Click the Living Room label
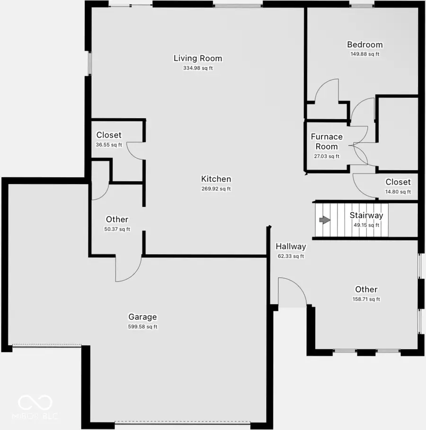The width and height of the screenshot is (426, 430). tap(197, 59)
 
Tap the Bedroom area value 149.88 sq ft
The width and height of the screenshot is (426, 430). tap(364, 54)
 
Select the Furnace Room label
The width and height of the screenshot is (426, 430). tap(327, 141)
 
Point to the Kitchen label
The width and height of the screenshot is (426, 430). tap(216, 179)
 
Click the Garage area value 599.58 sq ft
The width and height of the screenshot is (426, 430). tap(142, 326)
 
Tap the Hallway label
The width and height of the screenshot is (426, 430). tap(291, 246)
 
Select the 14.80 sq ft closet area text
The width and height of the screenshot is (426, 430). tap(398, 192)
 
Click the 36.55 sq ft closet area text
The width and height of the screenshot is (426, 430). tap(109, 145)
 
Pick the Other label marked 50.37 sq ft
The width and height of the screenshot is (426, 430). tap(117, 219)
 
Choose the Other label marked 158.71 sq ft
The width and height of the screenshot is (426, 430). tap(366, 290)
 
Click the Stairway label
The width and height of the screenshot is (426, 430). tap(366, 215)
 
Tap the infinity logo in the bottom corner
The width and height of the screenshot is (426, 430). tap(35, 403)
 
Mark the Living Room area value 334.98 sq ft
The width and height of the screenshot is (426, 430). tap(198, 68)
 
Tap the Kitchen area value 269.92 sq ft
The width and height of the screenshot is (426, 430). tap(216, 189)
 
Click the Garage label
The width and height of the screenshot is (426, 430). tap(142, 317)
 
